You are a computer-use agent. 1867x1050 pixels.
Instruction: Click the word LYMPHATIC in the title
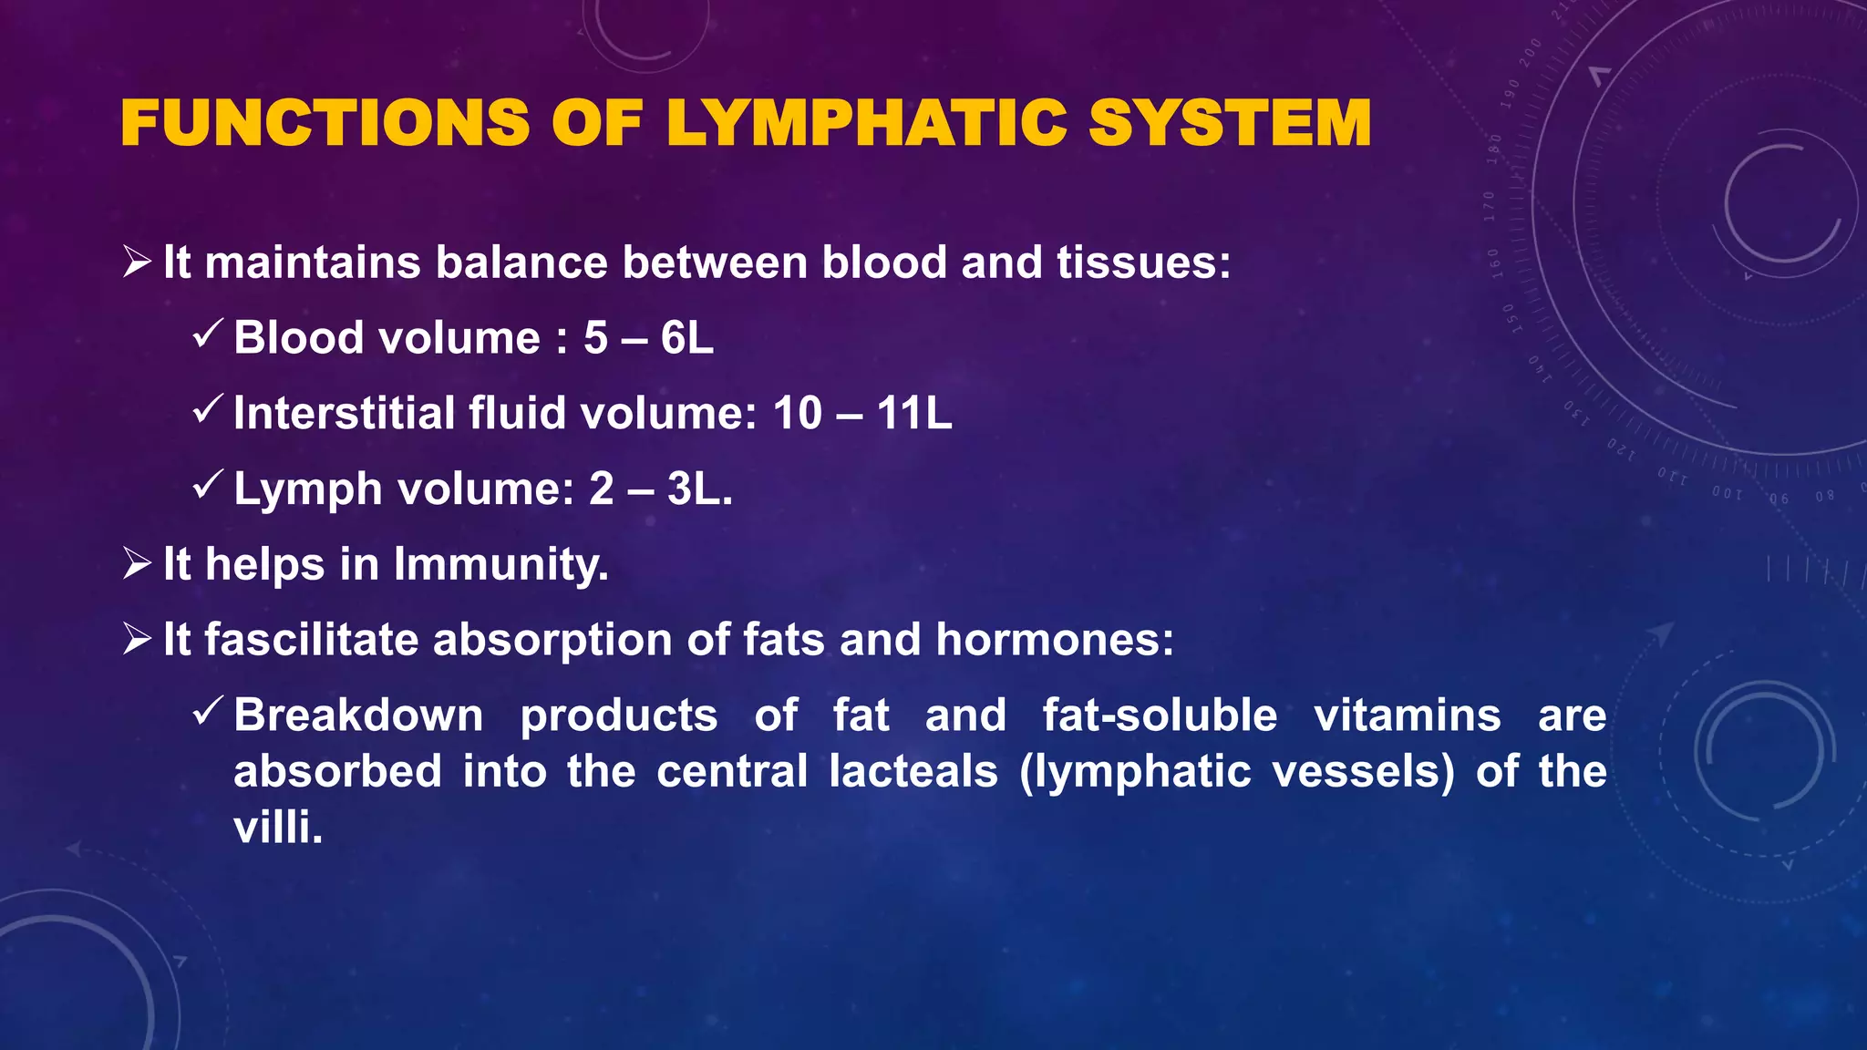(866, 123)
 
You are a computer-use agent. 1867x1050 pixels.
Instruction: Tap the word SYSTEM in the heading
(1230, 123)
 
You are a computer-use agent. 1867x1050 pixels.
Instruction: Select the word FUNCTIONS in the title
(325, 123)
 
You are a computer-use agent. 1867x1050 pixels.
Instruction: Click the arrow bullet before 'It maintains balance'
(137, 262)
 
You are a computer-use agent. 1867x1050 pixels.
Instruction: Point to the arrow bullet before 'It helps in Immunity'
(137, 564)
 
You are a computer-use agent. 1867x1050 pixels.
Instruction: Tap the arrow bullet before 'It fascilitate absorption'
(137, 640)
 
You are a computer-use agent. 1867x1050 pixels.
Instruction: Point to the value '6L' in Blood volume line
(686, 338)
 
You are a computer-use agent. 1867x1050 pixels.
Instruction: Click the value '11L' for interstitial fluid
(913, 414)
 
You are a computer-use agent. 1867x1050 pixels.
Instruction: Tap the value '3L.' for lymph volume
(699, 489)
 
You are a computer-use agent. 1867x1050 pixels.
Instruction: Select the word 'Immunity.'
(501, 565)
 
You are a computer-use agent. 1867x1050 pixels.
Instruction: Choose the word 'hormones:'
(1055, 640)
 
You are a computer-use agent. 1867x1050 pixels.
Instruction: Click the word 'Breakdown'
(358, 715)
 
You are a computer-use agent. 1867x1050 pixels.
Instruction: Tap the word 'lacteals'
(913, 772)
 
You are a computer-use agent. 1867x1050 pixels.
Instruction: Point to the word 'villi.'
(278, 829)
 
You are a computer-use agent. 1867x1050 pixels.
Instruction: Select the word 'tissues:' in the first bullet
(1144, 262)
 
